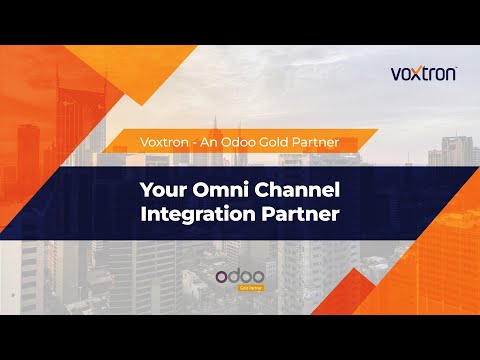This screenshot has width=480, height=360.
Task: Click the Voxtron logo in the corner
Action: [x=422, y=72]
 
